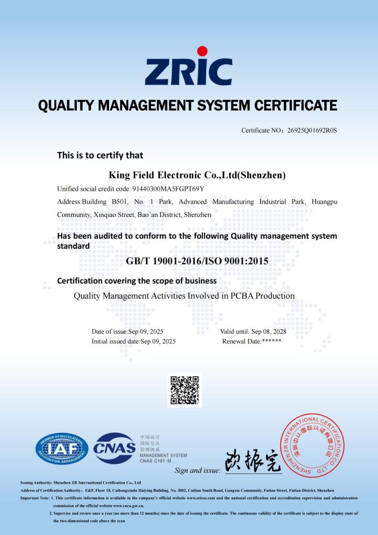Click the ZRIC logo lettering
188,72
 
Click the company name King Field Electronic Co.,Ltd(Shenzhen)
197,175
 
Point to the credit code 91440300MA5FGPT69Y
168,189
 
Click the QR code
184,390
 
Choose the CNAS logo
114,448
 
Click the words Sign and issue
198,471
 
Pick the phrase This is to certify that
100,155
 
